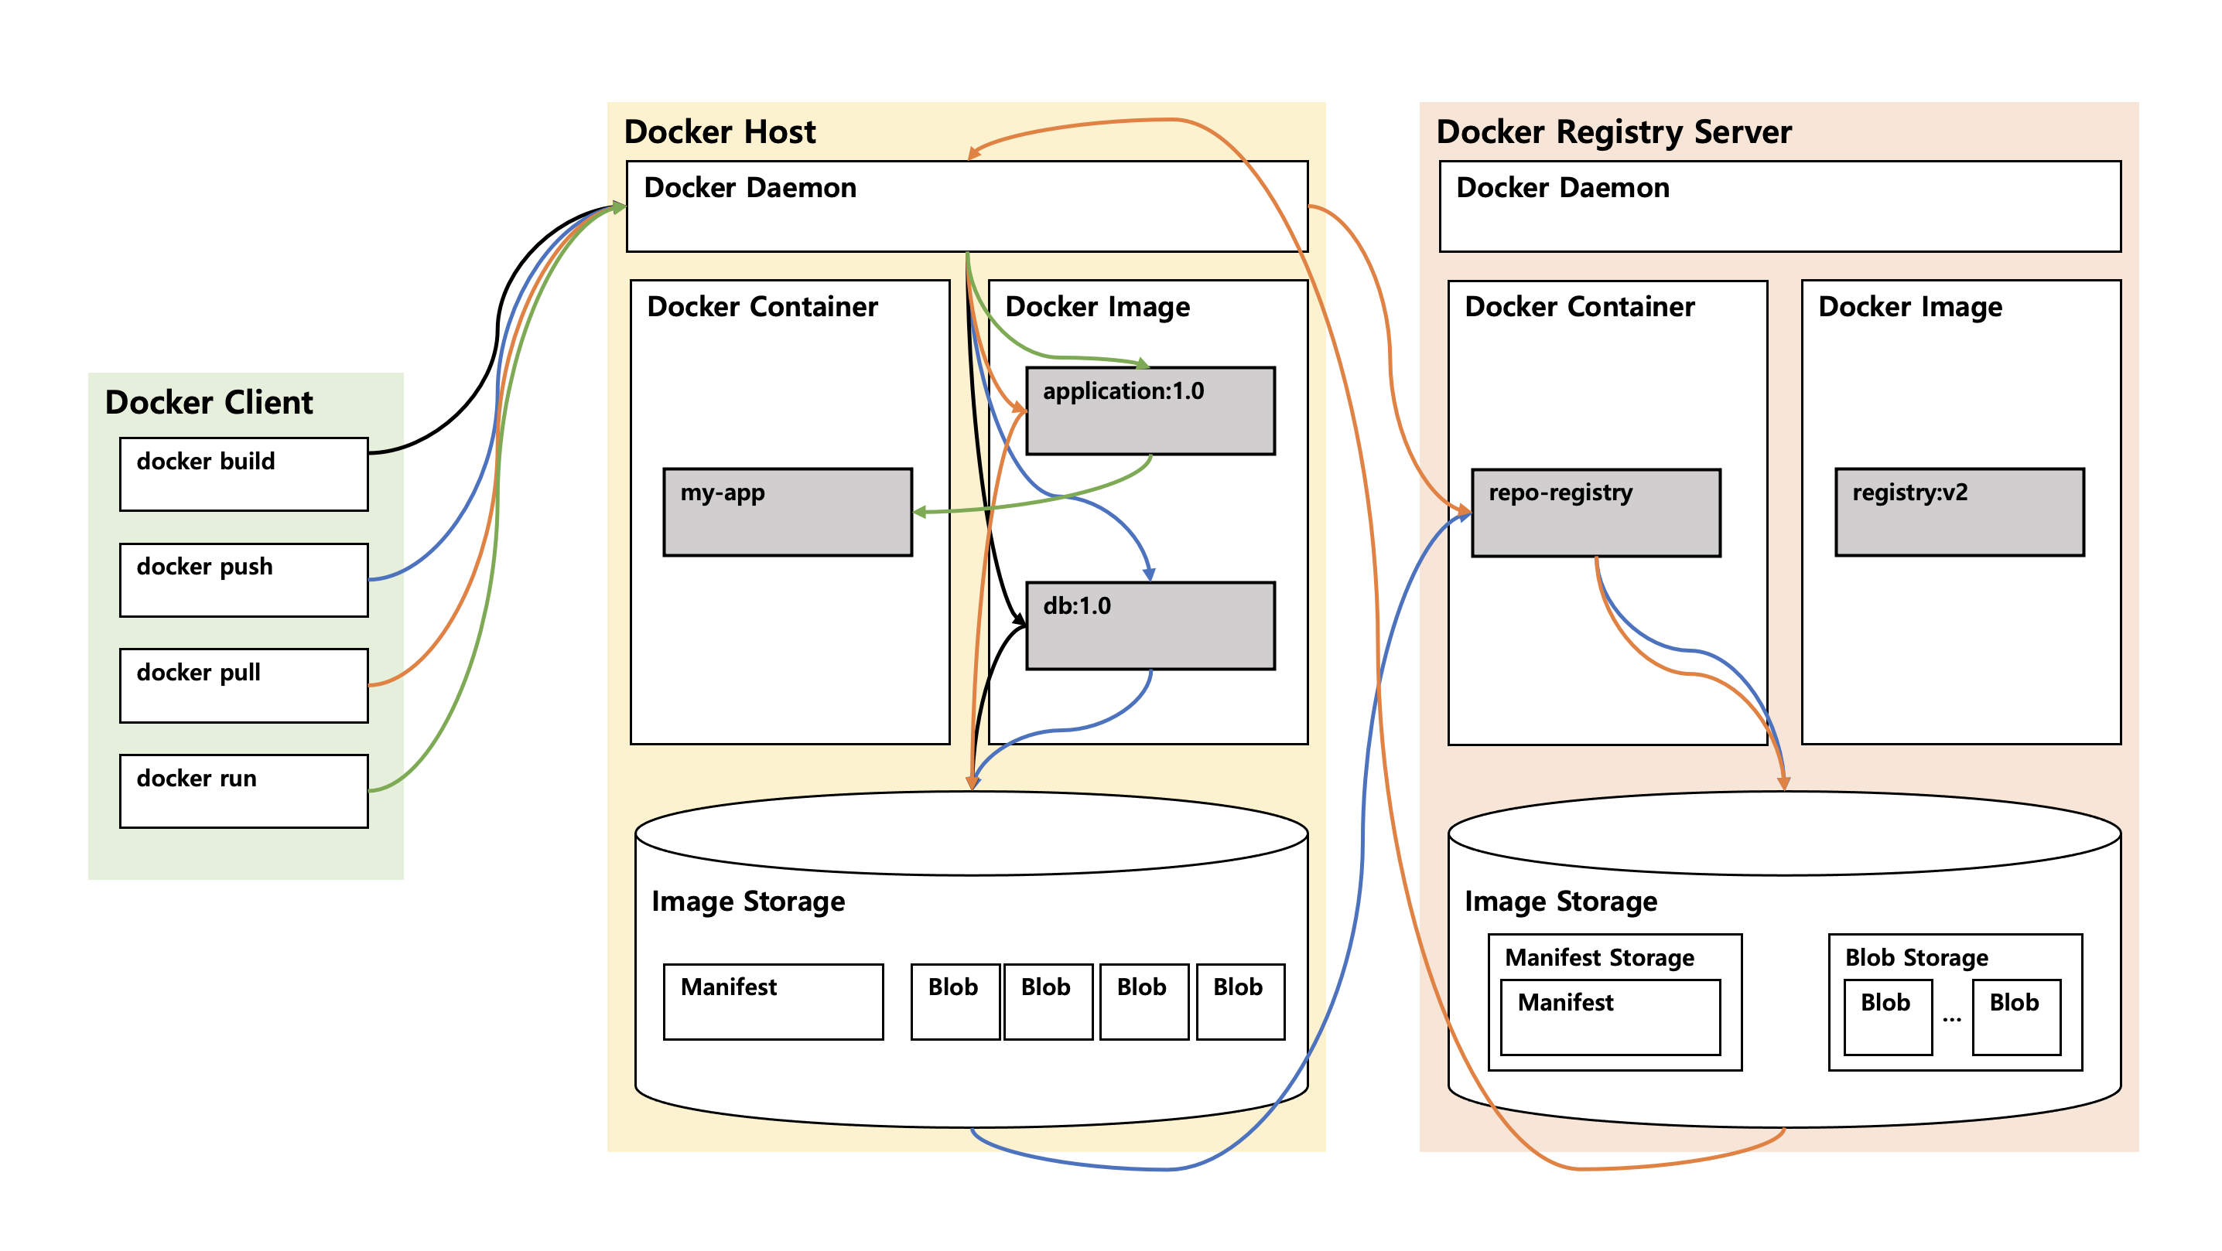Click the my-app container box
click(787, 512)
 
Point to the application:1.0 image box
click(1150, 411)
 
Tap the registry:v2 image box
click(1959, 512)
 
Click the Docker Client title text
click(209, 403)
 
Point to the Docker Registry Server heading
click(1613, 132)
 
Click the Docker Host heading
click(720, 132)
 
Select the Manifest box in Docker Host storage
click(773, 1001)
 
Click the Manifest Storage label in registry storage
click(1599, 957)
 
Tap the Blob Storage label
click(1916, 957)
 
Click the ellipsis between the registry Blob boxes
click(1951, 1019)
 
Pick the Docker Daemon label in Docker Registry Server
click(1562, 188)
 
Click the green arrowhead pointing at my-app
click(919, 512)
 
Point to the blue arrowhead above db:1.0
click(1149, 574)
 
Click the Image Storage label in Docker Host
click(748, 901)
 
